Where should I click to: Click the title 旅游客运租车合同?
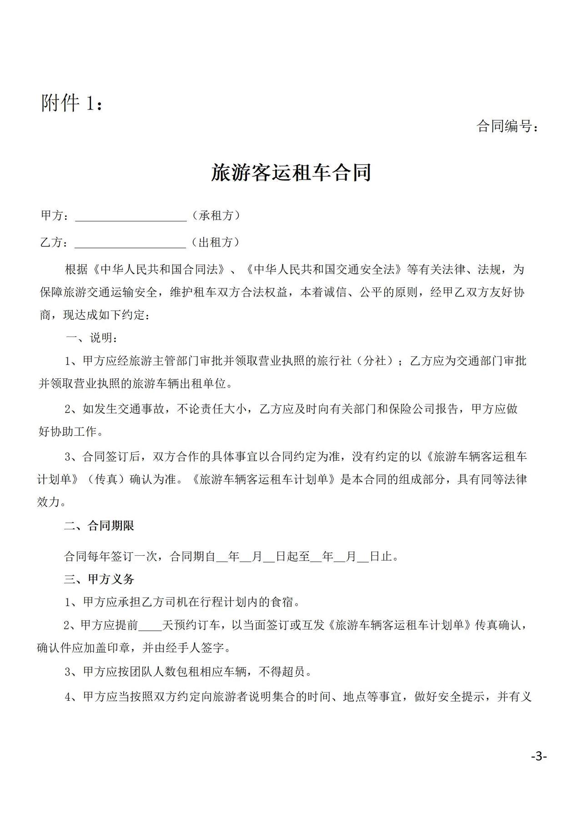291,173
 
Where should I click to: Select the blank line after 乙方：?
130,243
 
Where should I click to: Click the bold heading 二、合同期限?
99,526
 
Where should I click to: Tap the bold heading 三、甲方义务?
99,579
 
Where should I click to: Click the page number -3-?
538,757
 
